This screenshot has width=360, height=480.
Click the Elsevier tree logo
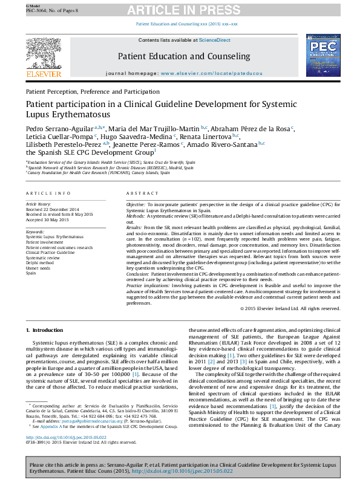coord(44,53)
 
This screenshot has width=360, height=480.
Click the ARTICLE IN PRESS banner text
coord(180,10)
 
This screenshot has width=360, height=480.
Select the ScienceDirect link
coord(215,40)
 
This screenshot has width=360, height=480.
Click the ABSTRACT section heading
coord(142,193)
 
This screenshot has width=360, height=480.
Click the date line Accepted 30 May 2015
coord(47,219)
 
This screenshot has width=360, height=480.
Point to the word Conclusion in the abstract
coord(138,274)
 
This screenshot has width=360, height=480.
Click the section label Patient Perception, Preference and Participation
coord(88,91)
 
